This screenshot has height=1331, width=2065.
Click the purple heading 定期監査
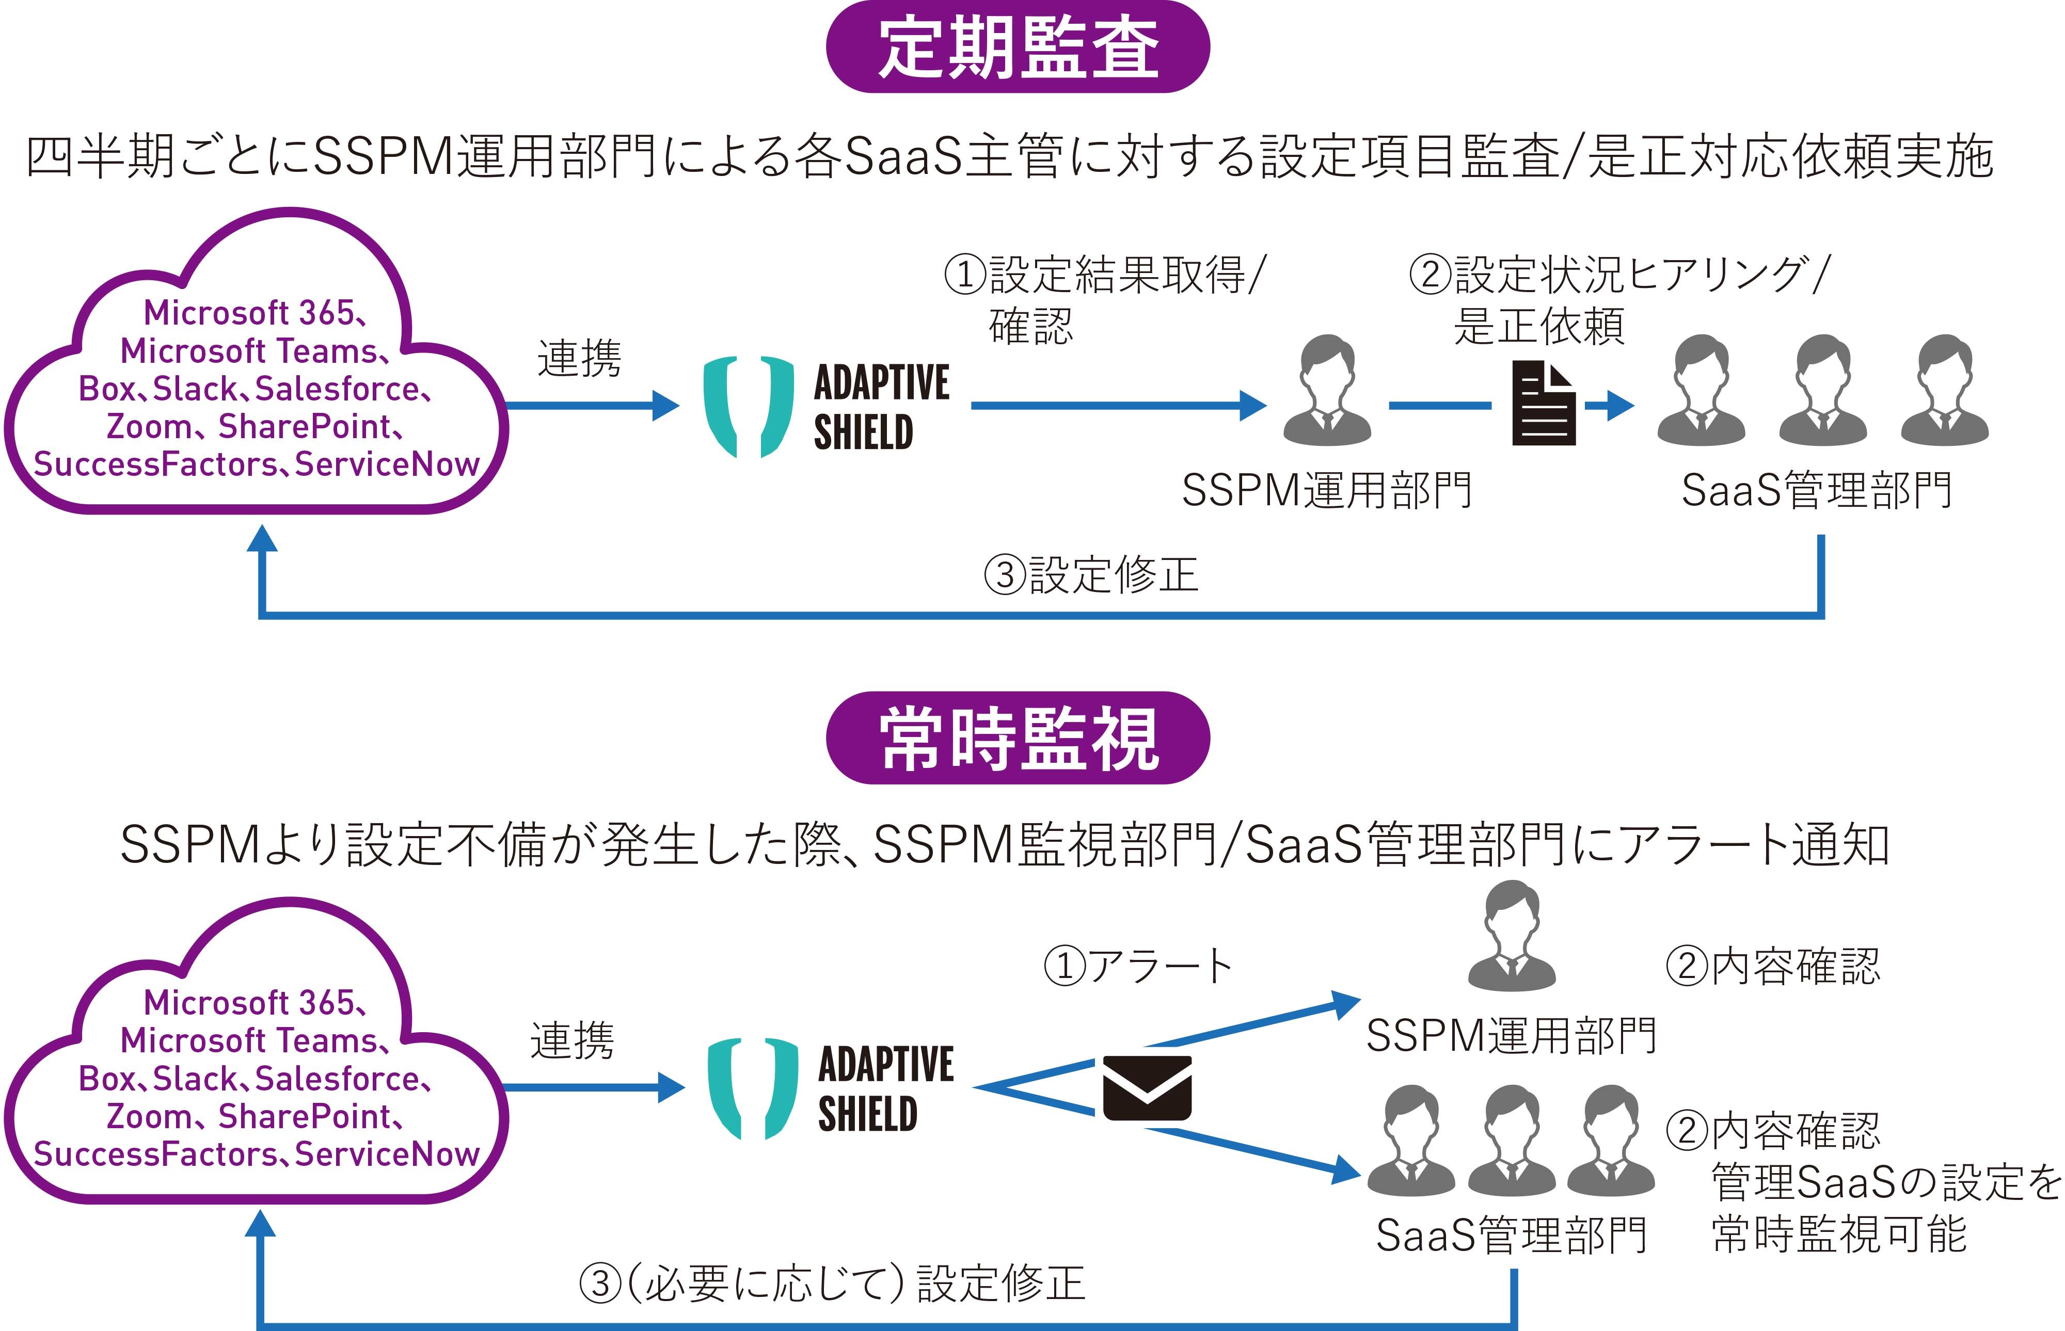pos(1018,47)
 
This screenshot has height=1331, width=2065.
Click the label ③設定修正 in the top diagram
pos(1091,575)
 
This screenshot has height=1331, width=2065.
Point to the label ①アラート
pos(1137,966)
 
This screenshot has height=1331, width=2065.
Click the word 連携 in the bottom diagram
pos(572,1040)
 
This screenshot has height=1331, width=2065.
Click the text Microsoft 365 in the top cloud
pos(249,313)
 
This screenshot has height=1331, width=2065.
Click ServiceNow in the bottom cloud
pos(386,1154)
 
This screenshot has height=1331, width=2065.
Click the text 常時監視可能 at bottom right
pos(1839,1233)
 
